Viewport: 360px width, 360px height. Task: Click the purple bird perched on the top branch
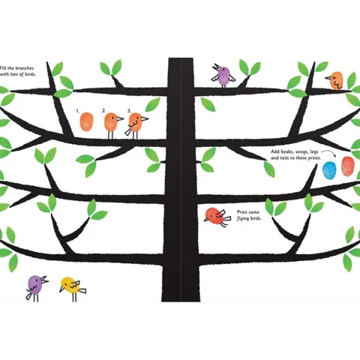pos(223,76)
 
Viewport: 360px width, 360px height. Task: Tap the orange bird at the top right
pos(335,80)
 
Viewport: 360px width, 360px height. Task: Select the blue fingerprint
pos(329,170)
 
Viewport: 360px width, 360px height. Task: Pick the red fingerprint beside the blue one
pos(347,166)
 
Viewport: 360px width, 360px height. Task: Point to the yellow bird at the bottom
pos(73,288)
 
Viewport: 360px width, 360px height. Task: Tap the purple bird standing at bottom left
pos(36,287)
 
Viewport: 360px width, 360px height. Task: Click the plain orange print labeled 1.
pos(87,121)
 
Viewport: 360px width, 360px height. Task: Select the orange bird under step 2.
pos(113,125)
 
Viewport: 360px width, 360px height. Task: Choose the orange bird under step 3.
pos(136,126)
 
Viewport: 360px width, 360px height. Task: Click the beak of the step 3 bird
pos(145,118)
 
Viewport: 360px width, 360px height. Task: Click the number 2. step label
pos(104,110)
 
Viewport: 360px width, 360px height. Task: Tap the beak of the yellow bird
pos(61,289)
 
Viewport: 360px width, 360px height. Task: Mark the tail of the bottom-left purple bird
pos(29,296)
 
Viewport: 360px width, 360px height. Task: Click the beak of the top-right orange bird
pos(328,78)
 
